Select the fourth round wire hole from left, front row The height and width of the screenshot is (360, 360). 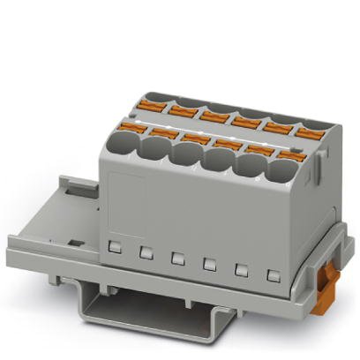pyautogui.click(x=218, y=160)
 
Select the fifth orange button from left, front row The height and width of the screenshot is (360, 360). pyautogui.click(x=255, y=149)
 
